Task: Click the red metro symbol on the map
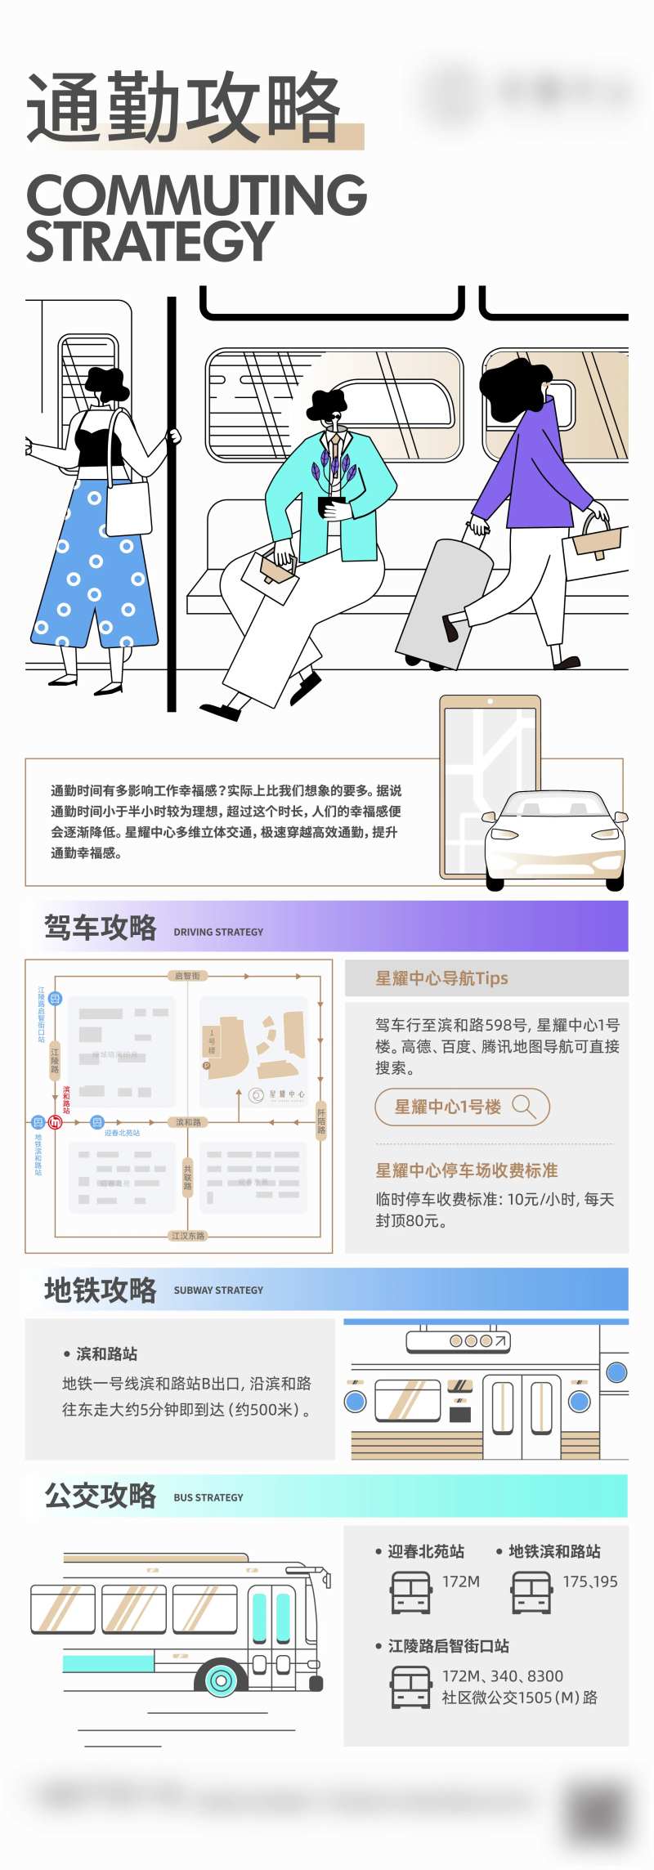pyautogui.click(x=56, y=1122)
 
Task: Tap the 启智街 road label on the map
pyautogui.click(x=187, y=976)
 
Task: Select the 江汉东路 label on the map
pyautogui.click(x=187, y=1236)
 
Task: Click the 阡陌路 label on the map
pyautogui.click(x=320, y=1121)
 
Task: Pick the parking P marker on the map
pyautogui.click(x=206, y=1066)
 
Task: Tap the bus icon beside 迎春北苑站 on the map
pyautogui.click(x=97, y=1122)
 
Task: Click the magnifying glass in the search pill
pyautogui.click(x=523, y=1107)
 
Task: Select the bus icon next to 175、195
pyautogui.click(x=531, y=1592)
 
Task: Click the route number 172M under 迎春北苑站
pyautogui.click(x=461, y=1581)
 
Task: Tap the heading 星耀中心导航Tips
pyautogui.click(x=441, y=978)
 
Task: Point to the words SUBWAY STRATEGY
pyautogui.click(x=218, y=1291)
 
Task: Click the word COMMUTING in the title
pyautogui.click(x=196, y=195)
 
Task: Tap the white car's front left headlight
pyautogui.click(x=504, y=834)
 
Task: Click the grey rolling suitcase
pyautogui.click(x=441, y=601)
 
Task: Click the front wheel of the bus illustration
pyautogui.click(x=220, y=1680)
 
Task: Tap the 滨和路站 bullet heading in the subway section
pyautogui.click(x=106, y=1354)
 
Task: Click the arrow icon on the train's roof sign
pyautogui.click(x=500, y=1340)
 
